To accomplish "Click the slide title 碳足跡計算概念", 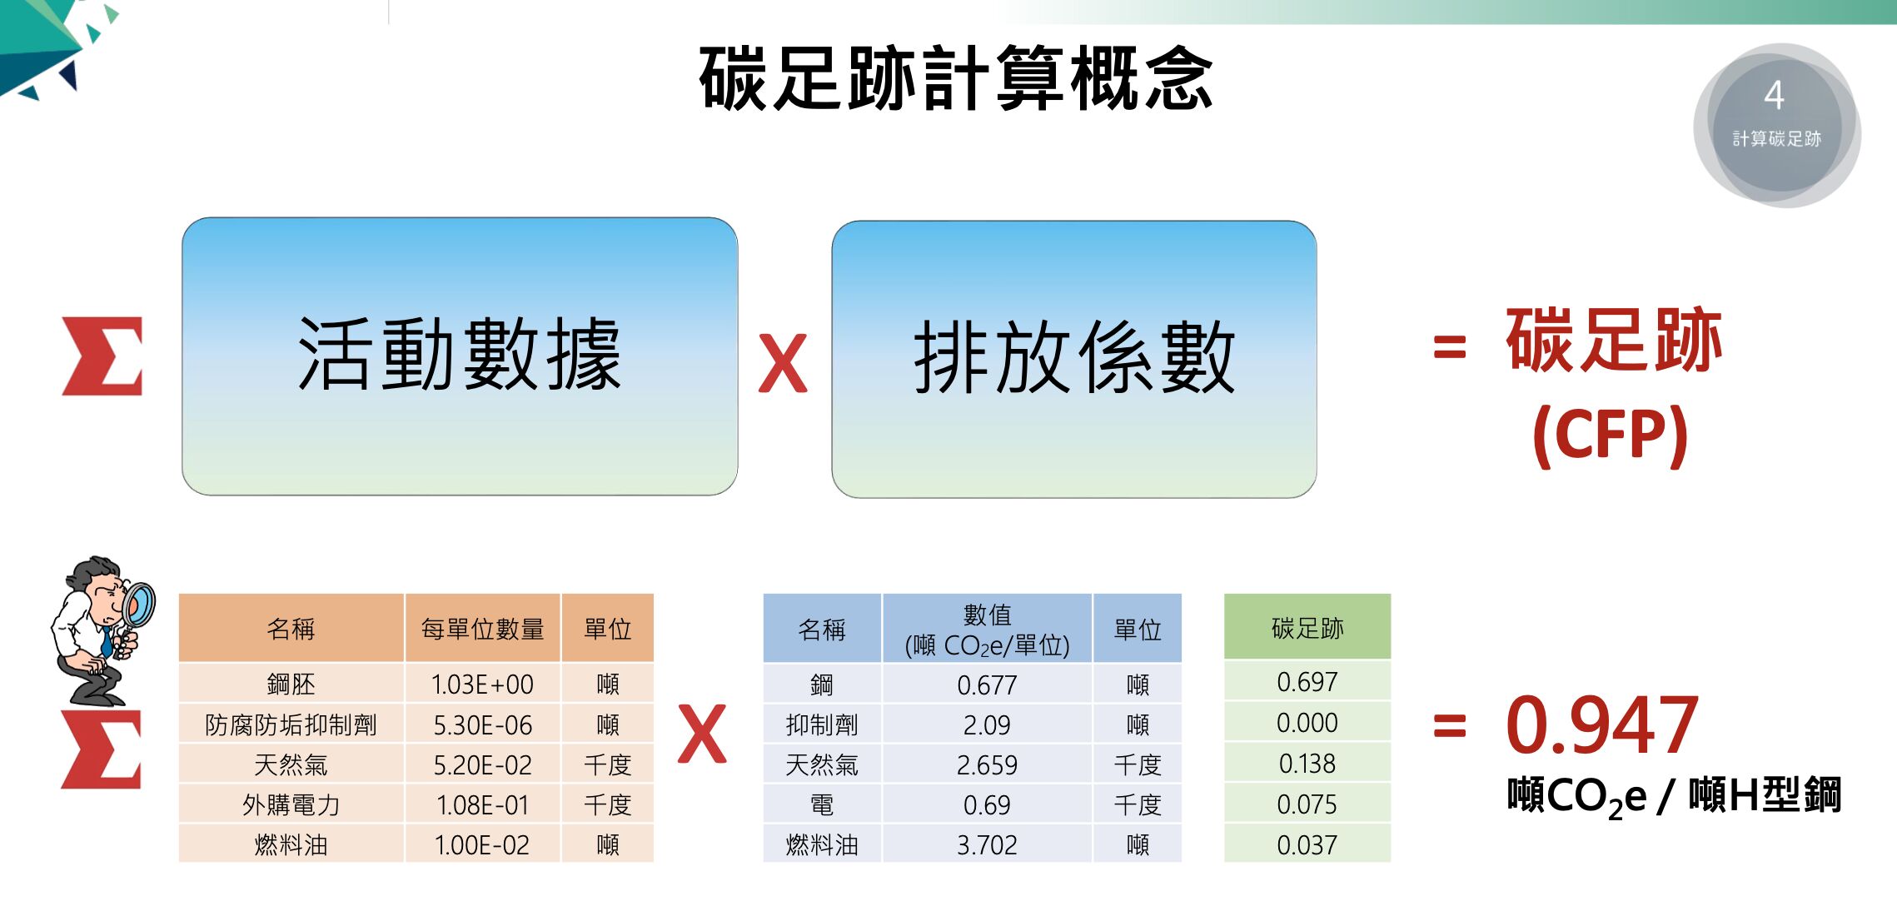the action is click(956, 78).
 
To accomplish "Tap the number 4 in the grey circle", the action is click(1774, 95).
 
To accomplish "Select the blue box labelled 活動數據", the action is click(460, 356).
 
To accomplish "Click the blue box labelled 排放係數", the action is click(1074, 360).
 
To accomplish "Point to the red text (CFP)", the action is click(1611, 434).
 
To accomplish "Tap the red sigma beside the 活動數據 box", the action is click(102, 356).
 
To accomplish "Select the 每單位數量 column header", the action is click(482, 629).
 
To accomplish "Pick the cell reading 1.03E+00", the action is click(482, 684).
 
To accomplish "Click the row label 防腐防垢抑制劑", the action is click(291, 724).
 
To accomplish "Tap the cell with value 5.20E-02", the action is click(482, 764).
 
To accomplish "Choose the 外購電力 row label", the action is click(291, 804).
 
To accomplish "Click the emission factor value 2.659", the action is click(987, 764).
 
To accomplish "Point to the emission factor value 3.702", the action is click(987, 845).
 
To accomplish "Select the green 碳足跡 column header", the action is click(1307, 627).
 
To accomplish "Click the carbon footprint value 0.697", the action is click(1307, 682).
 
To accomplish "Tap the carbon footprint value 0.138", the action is click(1307, 764).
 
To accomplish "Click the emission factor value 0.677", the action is click(987, 684).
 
